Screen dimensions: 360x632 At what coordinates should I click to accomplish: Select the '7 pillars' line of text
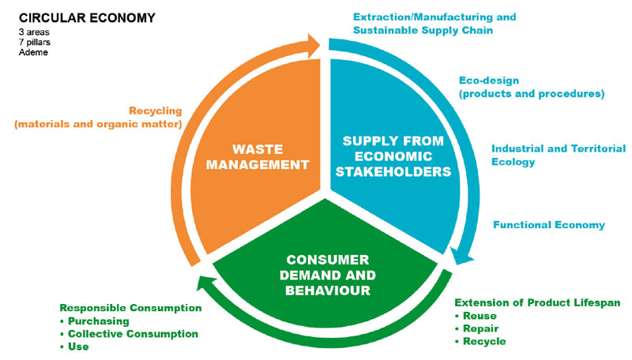[36, 42]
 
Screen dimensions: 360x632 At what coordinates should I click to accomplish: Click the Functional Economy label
[549, 225]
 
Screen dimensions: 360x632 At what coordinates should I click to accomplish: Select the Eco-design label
[532, 87]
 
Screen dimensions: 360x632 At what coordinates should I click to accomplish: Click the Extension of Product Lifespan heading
[538, 303]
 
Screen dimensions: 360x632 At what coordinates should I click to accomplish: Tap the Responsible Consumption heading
[130, 308]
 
